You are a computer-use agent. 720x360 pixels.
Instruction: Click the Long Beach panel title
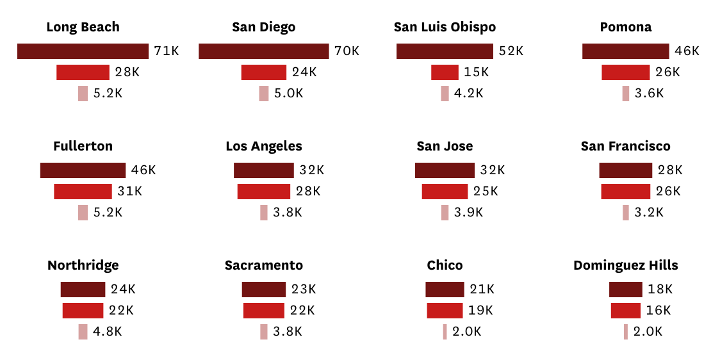pyautogui.click(x=83, y=27)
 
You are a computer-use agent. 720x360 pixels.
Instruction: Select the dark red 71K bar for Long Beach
pyautogui.click(x=83, y=51)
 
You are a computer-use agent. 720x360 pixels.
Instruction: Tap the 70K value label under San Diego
pyautogui.click(x=347, y=51)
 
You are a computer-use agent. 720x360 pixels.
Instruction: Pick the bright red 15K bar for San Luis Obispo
pyautogui.click(x=445, y=72)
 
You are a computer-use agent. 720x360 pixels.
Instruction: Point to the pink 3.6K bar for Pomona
pyautogui.click(x=625, y=94)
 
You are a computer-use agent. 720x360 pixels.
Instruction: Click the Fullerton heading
pyautogui.click(x=83, y=146)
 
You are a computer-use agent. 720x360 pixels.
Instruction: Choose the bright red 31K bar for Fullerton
pyautogui.click(x=83, y=192)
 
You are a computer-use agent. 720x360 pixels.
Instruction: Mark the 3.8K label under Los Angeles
pyautogui.click(x=287, y=213)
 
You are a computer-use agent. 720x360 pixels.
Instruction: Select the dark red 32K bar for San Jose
pyautogui.click(x=445, y=170)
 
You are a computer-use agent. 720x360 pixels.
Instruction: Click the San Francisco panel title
pyautogui.click(x=625, y=146)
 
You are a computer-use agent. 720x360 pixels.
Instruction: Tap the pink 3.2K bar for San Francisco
pyautogui.click(x=625, y=213)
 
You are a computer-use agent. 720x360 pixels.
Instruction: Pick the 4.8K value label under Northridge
pyautogui.click(x=107, y=332)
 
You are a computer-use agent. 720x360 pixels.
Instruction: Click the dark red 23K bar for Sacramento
pyautogui.click(x=263, y=290)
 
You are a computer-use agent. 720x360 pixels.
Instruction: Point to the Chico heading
pyautogui.click(x=445, y=265)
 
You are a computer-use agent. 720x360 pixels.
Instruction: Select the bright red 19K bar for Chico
pyautogui.click(x=445, y=311)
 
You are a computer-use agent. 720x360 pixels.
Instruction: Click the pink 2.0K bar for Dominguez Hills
pyautogui.click(x=625, y=332)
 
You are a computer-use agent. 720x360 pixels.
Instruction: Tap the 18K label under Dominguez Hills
pyautogui.click(x=660, y=290)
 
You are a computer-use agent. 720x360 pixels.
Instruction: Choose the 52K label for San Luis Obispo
pyautogui.click(x=511, y=51)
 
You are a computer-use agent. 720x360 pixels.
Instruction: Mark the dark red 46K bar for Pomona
pyautogui.click(x=625, y=51)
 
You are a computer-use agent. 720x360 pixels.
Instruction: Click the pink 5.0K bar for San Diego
pyautogui.click(x=263, y=94)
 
